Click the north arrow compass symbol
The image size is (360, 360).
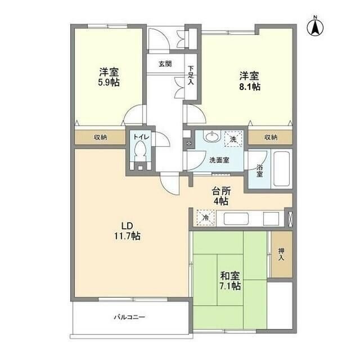(x=315, y=26)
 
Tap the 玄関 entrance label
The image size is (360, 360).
(x=165, y=64)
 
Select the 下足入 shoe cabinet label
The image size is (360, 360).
(x=191, y=75)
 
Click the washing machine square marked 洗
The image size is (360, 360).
(x=233, y=139)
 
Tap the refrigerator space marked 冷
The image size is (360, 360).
(x=206, y=218)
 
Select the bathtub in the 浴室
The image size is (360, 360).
(x=281, y=169)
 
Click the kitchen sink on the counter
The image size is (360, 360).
(x=236, y=219)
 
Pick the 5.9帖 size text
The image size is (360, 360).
(x=109, y=82)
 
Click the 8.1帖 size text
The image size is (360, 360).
(x=250, y=87)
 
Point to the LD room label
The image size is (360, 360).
(x=127, y=226)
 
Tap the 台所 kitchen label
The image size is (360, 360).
(x=221, y=191)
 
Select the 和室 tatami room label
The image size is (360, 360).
(x=230, y=276)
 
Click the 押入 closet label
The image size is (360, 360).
(x=281, y=254)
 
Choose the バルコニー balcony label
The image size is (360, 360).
(x=130, y=317)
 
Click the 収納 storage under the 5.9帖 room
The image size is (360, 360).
(x=100, y=137)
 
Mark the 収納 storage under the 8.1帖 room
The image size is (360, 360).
(x=271, y=137)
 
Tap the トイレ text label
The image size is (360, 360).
(x=141, y=137)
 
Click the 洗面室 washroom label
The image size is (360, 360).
(x=219, y=160)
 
